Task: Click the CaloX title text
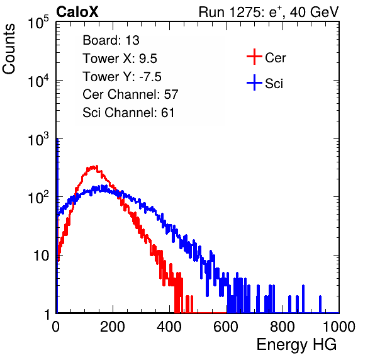pos(77,12)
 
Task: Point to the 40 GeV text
pos(314,12)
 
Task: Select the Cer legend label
pos(275,58)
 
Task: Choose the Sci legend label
pos(274,84)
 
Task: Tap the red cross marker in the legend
pos(254,57)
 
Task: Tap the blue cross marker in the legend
pos(254,83)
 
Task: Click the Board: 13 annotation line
pos(111,40)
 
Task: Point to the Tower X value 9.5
pos(148,59)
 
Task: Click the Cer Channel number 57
pos(171,94)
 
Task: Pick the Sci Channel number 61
pos(167,113)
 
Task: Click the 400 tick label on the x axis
pos(169,327)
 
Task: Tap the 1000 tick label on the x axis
pos(339,327)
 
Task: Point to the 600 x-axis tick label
pos(226,327)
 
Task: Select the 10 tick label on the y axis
pos(41,256)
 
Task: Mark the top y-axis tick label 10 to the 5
pos(38,22)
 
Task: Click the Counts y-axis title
pos(9,49)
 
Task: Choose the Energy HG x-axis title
pos(296,345)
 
